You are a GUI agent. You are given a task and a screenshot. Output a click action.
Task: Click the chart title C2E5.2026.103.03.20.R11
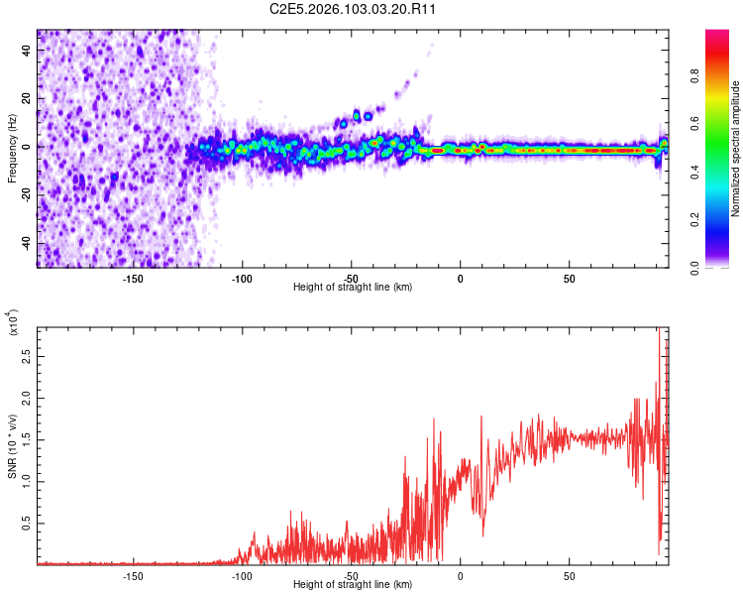[353, 10]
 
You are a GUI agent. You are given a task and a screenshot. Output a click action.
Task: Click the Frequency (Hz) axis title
[13, 149]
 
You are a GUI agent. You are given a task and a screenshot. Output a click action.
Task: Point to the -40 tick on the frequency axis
[26, 243]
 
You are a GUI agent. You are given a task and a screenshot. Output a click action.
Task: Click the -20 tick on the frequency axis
[26, 194]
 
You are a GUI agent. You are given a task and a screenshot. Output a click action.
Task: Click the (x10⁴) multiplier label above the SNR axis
[13, 324]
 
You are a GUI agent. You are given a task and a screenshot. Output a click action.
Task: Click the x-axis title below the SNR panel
[353, 586]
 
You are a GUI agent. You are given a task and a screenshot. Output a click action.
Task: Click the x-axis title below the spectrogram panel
[353, 288]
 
